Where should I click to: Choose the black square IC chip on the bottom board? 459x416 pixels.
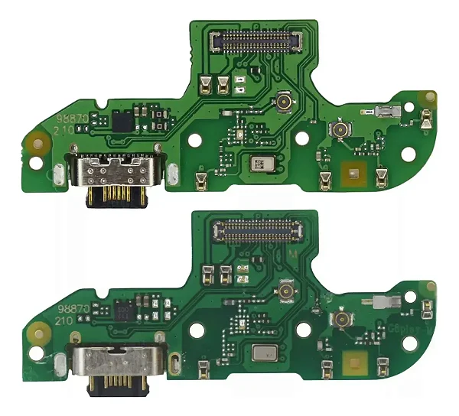(x=123, y=312)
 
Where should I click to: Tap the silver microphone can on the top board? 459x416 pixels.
(x=260, y=163)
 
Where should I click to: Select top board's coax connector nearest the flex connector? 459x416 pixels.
(x=284, y=101)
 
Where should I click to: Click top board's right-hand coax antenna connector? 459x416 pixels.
(x=337, y=131)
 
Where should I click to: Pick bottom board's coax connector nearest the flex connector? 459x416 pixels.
(x=288, y=291)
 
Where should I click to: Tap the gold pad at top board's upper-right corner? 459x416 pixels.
(x=431, y=98)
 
